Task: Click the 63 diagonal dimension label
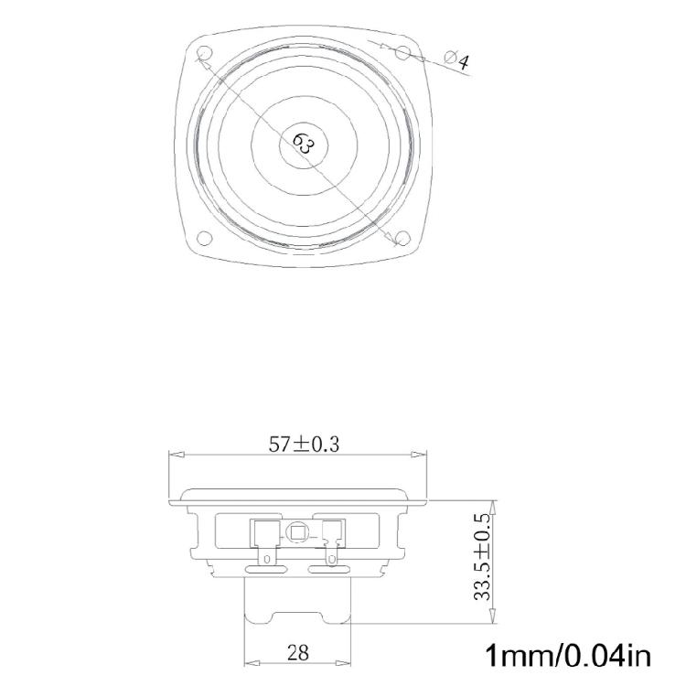[304, 145]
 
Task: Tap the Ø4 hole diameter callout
[456, 60]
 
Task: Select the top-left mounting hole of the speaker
[204, 56]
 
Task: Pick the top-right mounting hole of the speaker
[401, 55]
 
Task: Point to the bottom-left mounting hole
[204, 240]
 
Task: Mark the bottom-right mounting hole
[401, 239]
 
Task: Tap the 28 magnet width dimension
[297, 653]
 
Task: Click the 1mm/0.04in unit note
[567, 656]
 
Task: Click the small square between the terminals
[297, 532]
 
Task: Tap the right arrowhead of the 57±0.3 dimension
[422, 455]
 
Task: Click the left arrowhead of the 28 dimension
[249, 662]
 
